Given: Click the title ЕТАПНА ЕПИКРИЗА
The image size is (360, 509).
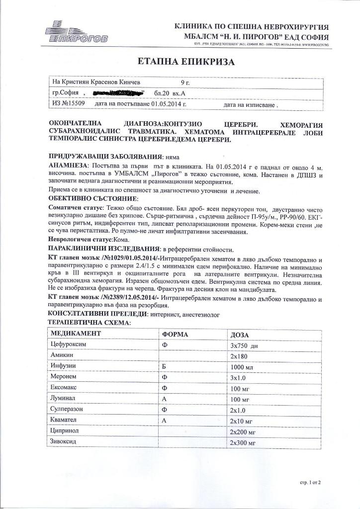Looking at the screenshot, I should point(180,62).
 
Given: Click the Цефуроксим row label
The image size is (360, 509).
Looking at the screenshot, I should point(70,344).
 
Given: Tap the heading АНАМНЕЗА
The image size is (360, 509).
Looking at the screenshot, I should point(70,165).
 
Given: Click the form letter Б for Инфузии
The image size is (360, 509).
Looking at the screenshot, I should point(164,367).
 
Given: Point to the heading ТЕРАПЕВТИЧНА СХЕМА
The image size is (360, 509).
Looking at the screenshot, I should point(89,323).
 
